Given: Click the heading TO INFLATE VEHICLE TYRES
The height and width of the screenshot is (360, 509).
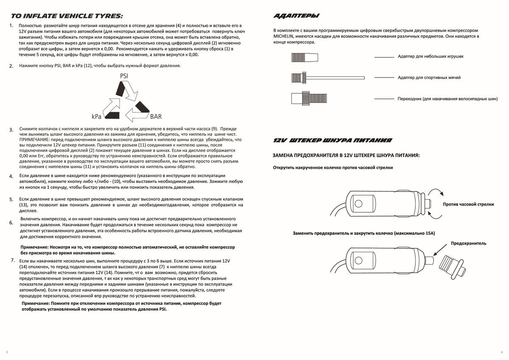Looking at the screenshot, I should coord(67,16).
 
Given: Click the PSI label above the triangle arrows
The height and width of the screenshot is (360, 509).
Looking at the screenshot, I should coord(124,76).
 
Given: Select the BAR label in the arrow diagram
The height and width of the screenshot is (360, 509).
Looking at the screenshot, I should coord(155,116).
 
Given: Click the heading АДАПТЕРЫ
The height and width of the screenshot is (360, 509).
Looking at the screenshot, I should coord(297,16).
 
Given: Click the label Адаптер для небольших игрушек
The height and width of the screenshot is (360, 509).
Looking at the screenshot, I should coord(431,56).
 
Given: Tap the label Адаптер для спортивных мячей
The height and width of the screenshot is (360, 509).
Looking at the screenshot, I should coord(429,78).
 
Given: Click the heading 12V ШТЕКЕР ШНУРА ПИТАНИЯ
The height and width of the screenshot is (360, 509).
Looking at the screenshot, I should coord(333,141).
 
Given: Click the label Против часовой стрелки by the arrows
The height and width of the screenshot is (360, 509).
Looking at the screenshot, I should coord(468,204).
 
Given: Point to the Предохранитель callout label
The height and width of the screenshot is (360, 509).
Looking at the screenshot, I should coord(468,243).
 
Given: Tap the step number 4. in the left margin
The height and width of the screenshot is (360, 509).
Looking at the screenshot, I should coord(11,177).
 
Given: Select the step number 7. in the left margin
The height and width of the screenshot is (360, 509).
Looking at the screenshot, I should coord(13,259).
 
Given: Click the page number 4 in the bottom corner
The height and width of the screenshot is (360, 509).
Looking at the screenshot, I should coord(501,352).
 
